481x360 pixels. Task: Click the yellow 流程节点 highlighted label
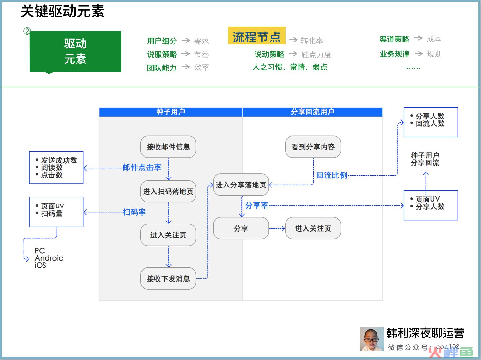[257, 36]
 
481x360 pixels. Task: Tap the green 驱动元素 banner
[75, 52]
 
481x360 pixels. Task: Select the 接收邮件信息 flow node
[168, 147]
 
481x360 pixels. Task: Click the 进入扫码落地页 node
[168, 191]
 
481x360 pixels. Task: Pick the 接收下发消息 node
[168, 278]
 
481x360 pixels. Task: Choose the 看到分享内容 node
[313, 147]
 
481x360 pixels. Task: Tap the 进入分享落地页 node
[241, 185]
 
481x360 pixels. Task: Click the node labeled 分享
[241, 228]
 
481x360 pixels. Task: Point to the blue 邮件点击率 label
[142, 167]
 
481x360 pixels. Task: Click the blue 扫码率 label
[134, 212]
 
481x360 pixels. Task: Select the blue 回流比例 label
[332, 175]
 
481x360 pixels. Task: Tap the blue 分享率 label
[257, 205]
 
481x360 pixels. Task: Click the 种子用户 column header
[171, 112]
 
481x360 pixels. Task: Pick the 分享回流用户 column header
[312, 112]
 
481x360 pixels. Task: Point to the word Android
[49, 258]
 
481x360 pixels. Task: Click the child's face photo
[372, 339]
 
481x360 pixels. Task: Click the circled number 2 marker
[27, 31]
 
